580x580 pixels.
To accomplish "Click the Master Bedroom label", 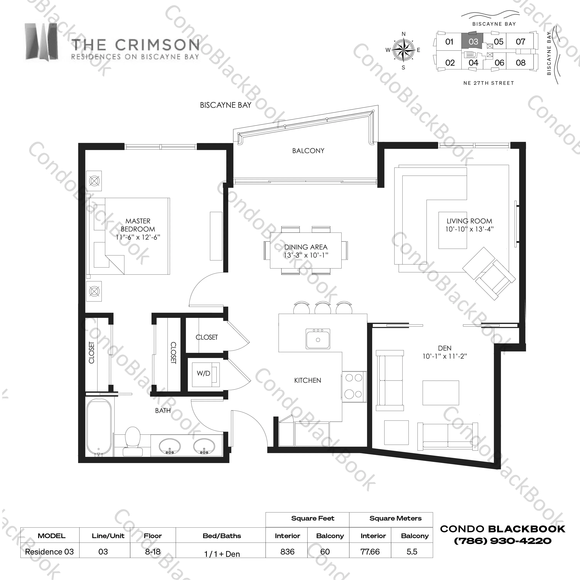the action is [138, 225].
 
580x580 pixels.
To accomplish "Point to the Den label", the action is [445, 348].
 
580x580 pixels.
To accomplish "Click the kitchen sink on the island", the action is [318, 339].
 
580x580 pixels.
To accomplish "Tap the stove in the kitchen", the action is [354, 387].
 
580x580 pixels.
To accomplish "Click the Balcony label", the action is [308, 151].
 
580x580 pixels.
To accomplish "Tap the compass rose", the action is [403, 50].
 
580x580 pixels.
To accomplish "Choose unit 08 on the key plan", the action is [521, 63].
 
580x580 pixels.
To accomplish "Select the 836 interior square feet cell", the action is [287, 552].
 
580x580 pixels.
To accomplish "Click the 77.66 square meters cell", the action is [370, 552].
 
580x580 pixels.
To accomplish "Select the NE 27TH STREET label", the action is [489, 83].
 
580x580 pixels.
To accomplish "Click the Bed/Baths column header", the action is [222, 536].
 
